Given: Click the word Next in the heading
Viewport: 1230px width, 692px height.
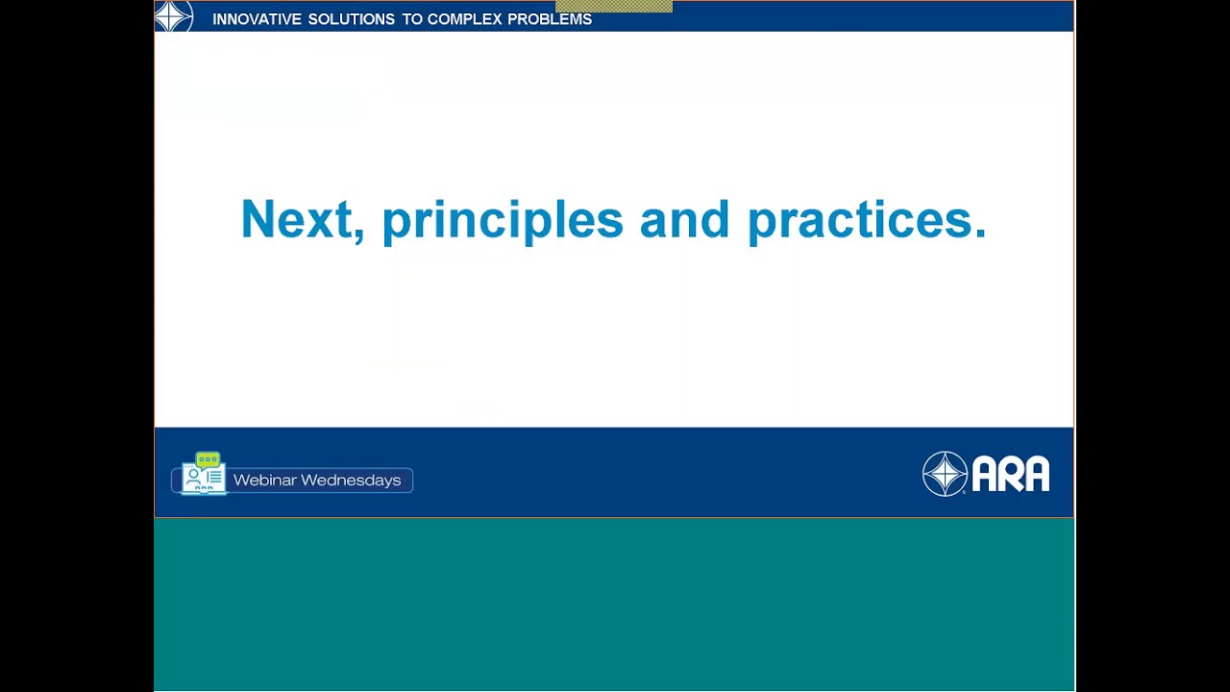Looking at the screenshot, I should point(295,220).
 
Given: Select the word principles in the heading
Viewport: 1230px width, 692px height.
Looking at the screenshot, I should point(502,221).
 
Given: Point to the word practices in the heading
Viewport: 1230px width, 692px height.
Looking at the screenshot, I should point(859,221).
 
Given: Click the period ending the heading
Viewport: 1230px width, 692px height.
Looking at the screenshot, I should point(980,233).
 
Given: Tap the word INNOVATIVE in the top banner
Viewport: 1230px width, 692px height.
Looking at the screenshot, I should point(256,19).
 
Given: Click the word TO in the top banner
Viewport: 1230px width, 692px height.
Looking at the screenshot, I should point(401,19).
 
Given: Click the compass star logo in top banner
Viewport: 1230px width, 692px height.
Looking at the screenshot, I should point(174,16).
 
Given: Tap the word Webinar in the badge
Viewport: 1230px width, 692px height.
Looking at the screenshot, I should point(264,480).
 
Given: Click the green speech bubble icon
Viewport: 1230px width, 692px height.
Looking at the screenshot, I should point(208,459).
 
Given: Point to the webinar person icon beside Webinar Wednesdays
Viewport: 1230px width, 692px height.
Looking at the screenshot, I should point(196,478).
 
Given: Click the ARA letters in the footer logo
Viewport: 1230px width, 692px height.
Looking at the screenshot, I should point(1010,474).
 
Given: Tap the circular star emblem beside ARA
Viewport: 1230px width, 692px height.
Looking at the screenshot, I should point(945,474).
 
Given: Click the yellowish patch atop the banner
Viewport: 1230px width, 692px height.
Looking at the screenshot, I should point(613,7).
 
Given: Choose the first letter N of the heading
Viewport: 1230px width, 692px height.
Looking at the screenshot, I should point(257,219).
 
